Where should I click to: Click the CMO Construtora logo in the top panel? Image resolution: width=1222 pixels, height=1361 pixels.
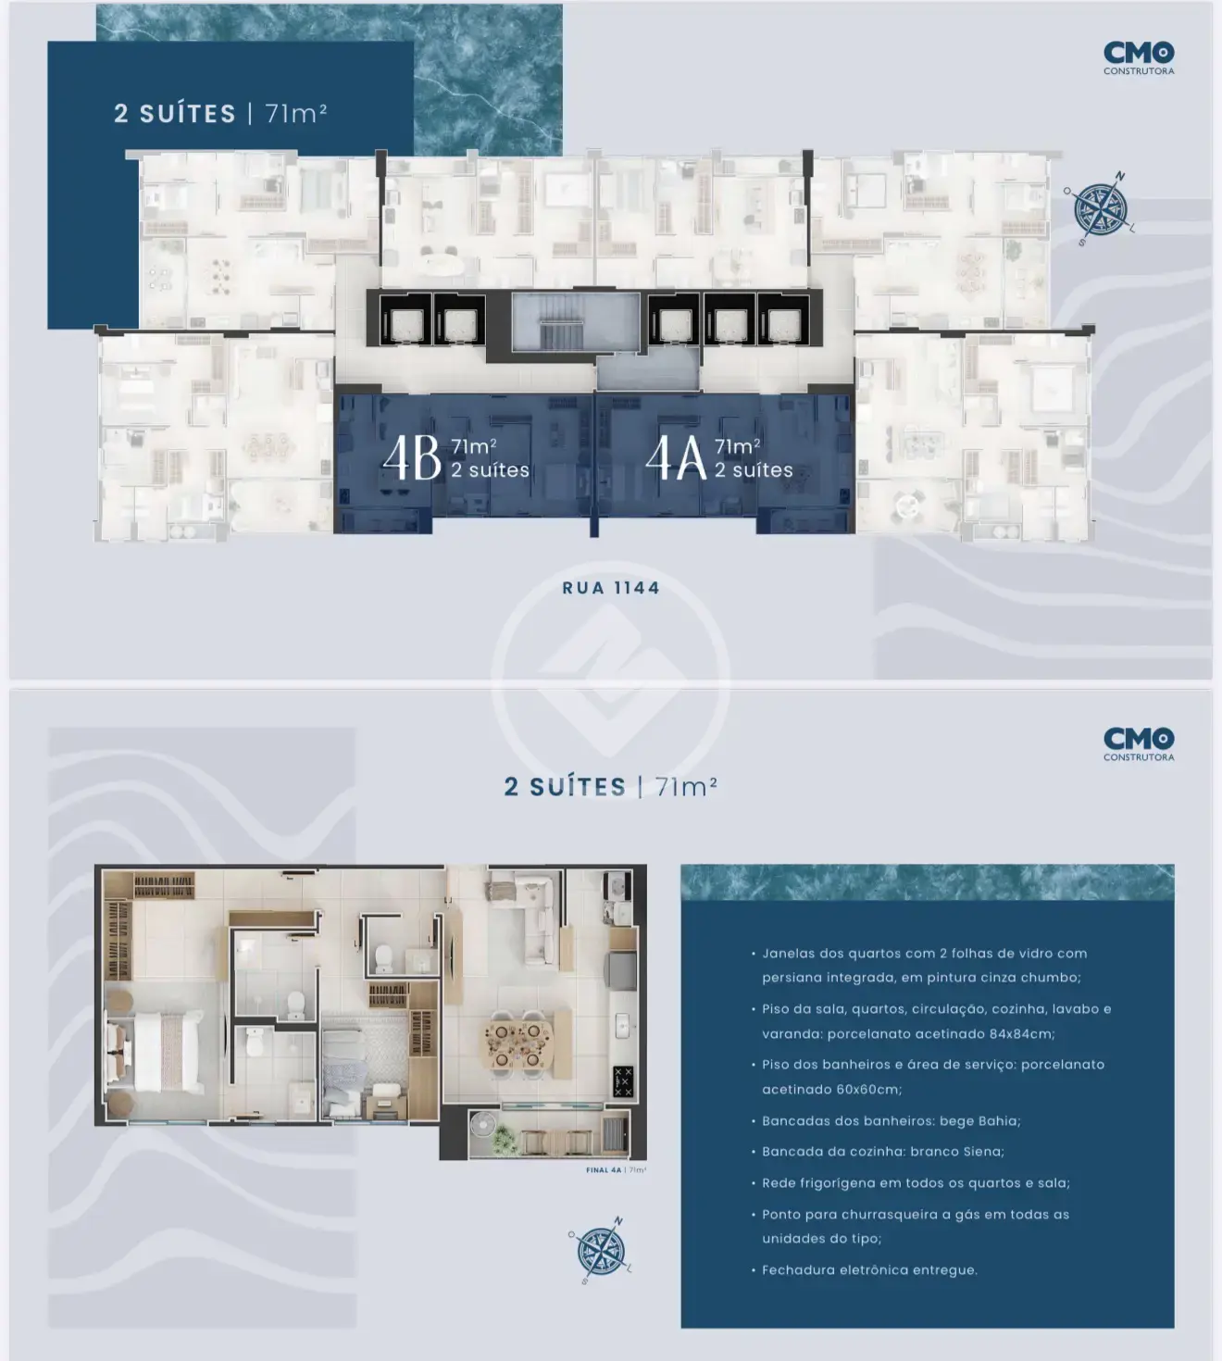(x=1139, y=57)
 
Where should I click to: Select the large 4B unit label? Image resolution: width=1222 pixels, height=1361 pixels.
(x=412, y=457)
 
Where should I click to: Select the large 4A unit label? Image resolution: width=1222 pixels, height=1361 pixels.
(x=676, y=457)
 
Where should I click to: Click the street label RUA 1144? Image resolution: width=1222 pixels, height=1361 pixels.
(x=611, y=588)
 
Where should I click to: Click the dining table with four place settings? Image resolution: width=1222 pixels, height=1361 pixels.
(x=517, y=1043)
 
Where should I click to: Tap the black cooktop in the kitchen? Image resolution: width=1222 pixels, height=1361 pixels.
(x=623, y=1081)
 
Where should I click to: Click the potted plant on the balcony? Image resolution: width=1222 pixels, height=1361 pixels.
(x=504, y=1140)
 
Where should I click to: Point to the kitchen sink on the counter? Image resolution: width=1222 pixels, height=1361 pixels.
(x=623, y=1026)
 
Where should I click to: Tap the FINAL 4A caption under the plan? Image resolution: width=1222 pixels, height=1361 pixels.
(x=616, y=1169)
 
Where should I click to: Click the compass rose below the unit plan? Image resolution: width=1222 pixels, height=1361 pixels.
(x=602, y=1250)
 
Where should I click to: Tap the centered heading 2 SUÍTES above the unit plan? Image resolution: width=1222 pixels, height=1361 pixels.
(x=565, y=787)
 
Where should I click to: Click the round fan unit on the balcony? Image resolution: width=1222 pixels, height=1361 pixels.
(x=482, y=1125)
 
